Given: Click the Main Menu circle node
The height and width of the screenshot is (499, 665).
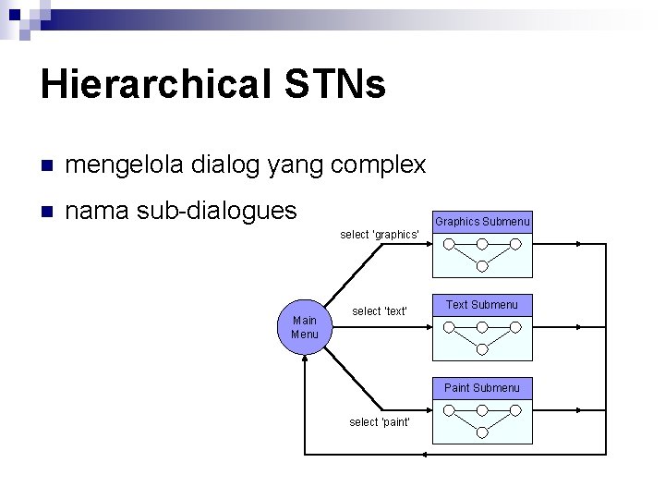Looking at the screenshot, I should [x=305, y=327].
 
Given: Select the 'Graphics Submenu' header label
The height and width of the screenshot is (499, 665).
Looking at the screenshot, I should [x=482, y=222].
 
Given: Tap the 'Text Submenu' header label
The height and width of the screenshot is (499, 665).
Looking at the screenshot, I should [x=482, y=305].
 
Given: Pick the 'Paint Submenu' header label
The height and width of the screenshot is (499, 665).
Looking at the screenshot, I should [x=482, y=388].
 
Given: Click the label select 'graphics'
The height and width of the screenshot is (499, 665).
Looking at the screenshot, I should [x=381, y=235].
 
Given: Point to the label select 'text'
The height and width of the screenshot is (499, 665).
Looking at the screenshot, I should [x=380, y=311].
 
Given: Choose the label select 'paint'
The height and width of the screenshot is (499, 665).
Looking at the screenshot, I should [x=381, y=422].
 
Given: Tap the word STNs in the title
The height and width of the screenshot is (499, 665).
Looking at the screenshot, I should [x=336, y=85].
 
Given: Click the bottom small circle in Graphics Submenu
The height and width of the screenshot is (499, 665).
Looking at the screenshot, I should [x=482, y=266].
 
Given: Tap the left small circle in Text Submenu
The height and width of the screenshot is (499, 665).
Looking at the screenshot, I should [x=449, y=328].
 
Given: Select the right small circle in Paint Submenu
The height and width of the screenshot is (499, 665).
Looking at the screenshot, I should [x=515, y=411].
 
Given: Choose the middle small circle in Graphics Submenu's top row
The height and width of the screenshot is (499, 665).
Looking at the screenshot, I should [x=482, y=245].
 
